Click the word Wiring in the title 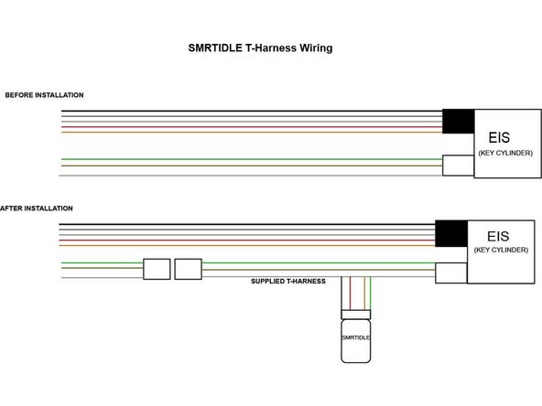pyautogui.click(x=316, y=48)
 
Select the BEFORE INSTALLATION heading pyautogui.click(x=44, y=95)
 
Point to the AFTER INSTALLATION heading pyautogui.click(x=37, y=208)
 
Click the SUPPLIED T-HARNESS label pyautogui.click(x=288, y=282)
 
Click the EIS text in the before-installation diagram pyautogui.click(x=499, y=137)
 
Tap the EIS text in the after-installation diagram pyautogui.click(x=498, y=237)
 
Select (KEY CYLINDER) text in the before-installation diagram pyautogui.click(x=505, y=153)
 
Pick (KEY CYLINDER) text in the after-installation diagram pyautogui.click(x=501, y=250)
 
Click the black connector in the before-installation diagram pyautogui.click(x=459, y=122)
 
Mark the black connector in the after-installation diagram pyautogui.click(x=451, y=233)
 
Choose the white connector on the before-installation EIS pyautogui.click(x=459, y=166)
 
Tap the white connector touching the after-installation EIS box pyautogui.click(x=451, y=273)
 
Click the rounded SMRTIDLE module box pyautogui.click(x=355, y=341)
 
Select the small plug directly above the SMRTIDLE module pyautogui.click(x=355, y=315)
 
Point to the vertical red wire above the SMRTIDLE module pyautogui.click(x=350, y=294)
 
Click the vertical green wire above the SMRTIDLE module pyautogui.click(x=370, y=294)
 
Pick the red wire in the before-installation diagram pyautogui.click(x=252, y=127)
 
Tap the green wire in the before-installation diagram pyautogui.click(x=252, y=159)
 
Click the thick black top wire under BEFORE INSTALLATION pyautogui.click(x=252, y=111)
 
